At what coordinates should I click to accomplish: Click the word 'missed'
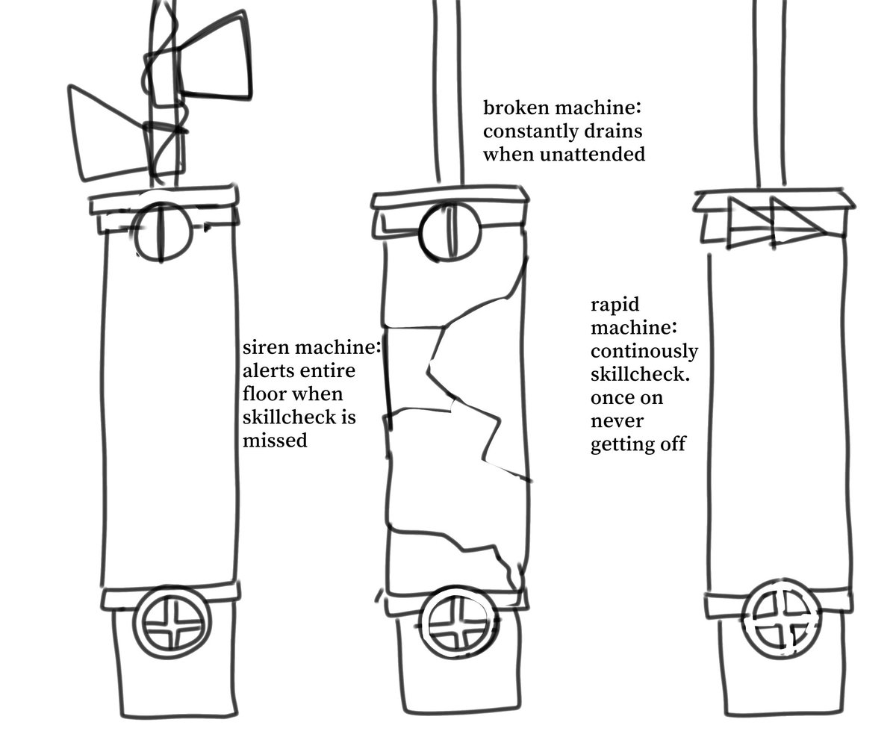coord(275,441)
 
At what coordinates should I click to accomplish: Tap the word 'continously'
coord(644,352)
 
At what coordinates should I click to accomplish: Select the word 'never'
coord(617,422)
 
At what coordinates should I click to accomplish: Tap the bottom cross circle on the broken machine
coord(454,624)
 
